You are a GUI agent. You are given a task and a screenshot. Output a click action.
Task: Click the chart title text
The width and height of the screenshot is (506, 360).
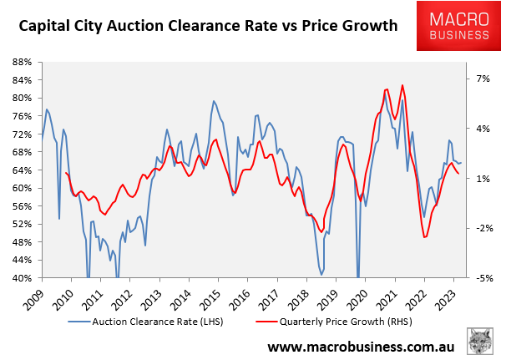pos(208,26)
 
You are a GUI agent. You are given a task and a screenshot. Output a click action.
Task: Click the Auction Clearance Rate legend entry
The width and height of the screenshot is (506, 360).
pos(157,321)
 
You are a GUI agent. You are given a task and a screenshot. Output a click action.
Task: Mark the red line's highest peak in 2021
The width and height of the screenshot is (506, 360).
pos(402,85)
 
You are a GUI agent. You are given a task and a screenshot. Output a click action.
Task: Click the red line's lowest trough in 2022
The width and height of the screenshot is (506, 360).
pos(425,237)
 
